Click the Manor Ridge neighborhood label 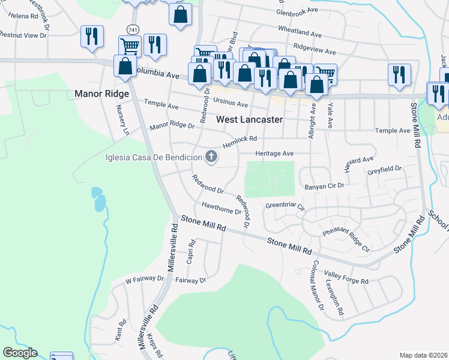pyautogui.click(x=101, y=94)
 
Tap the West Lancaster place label pyautogui.click(x=249, y=119)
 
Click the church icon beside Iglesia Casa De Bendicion pyautogui.click(x=211, y=157)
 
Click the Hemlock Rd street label pyautogui.click(x=240, y=142)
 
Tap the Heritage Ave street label pyautogui.click(x=274, y=154)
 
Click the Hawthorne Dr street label pyautogui.click(x=221, y=208)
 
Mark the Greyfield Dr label pyautogui.click(x=384, y=170)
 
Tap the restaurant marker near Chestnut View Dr pyautogui.click(x=92, y=37)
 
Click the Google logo pyautogui.click(x=20, y=353)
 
